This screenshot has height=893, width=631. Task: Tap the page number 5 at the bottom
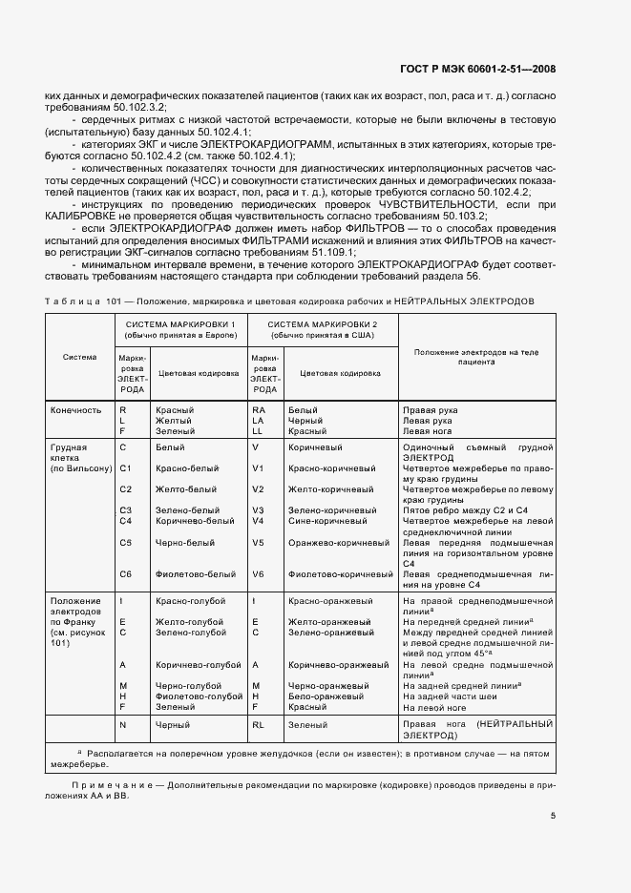(553, 816)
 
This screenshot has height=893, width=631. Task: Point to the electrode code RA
(258, 410)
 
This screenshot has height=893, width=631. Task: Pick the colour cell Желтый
(174, 421)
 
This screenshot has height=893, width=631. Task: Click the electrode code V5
(257, 542)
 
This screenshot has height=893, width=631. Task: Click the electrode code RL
(258, 725)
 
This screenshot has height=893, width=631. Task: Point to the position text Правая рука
(431, 410)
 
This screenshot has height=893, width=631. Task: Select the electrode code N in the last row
(122, 725)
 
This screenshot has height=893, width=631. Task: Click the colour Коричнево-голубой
(196, 664)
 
